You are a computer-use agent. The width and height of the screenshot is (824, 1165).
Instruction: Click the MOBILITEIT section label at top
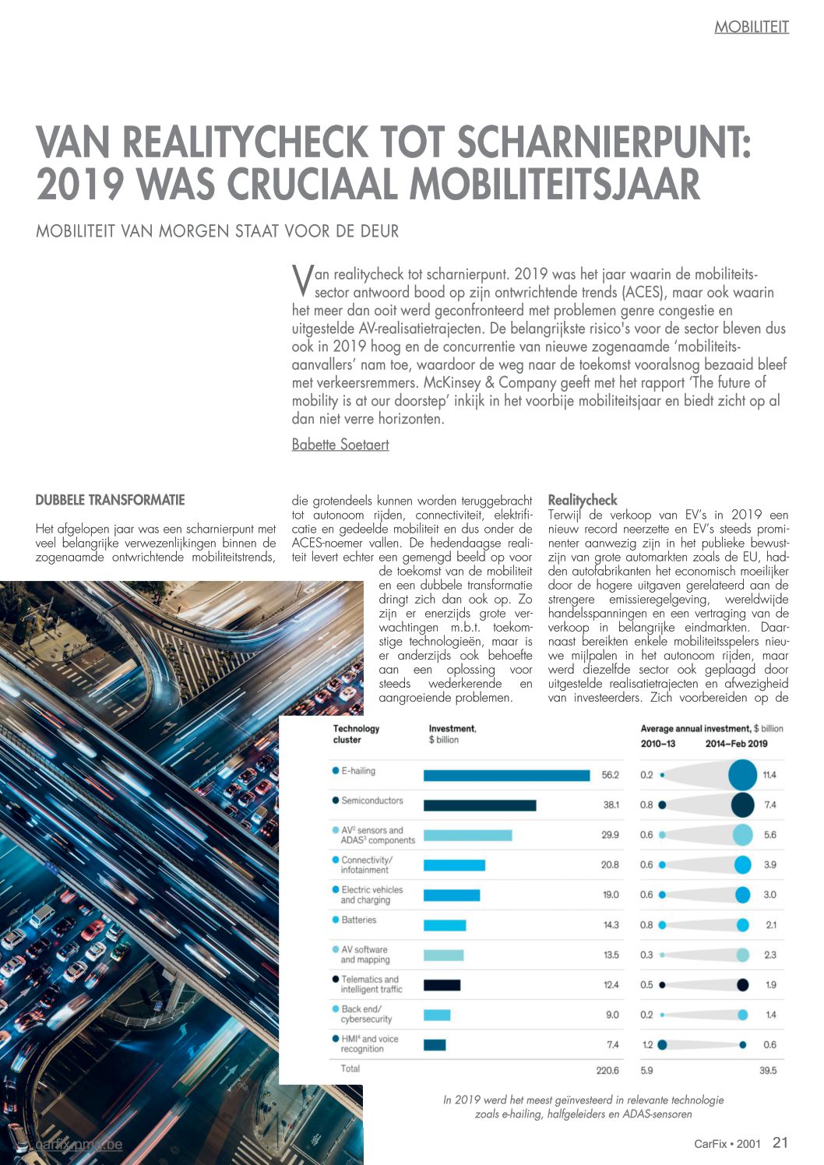[752, 27]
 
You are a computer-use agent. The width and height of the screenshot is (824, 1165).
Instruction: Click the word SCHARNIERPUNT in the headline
[604, 143]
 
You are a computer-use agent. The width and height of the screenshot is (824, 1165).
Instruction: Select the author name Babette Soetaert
[340, 445]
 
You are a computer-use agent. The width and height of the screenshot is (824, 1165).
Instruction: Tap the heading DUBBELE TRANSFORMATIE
[110, 500]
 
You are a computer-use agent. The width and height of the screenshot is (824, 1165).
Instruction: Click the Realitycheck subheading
[583, 500]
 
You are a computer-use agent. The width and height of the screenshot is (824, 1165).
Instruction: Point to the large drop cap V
[301, 281]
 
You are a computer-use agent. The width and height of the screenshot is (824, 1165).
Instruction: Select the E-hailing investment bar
[506, 775]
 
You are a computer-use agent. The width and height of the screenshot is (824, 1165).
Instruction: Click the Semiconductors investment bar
[480, 805]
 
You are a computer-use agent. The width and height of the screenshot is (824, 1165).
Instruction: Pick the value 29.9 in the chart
[610, 835]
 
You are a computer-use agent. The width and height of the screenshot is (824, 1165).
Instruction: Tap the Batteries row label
[358, 920]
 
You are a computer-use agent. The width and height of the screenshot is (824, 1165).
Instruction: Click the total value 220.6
[607, 1071]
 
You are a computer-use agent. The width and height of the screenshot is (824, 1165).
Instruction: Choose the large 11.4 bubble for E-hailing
[742, 775]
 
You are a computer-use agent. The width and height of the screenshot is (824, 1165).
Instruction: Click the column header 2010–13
[658, 744]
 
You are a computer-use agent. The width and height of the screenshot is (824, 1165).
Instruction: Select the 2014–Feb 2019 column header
[736, 744]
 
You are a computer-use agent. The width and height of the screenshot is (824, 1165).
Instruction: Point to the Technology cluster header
[356, 734]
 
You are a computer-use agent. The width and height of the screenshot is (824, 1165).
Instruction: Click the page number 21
[780, 1142]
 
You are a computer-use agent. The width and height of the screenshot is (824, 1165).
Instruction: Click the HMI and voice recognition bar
[435, 1044]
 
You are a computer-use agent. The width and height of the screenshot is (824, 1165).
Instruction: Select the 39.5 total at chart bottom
[768, 1071]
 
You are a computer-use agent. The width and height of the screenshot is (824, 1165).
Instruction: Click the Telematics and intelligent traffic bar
[442, 985]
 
